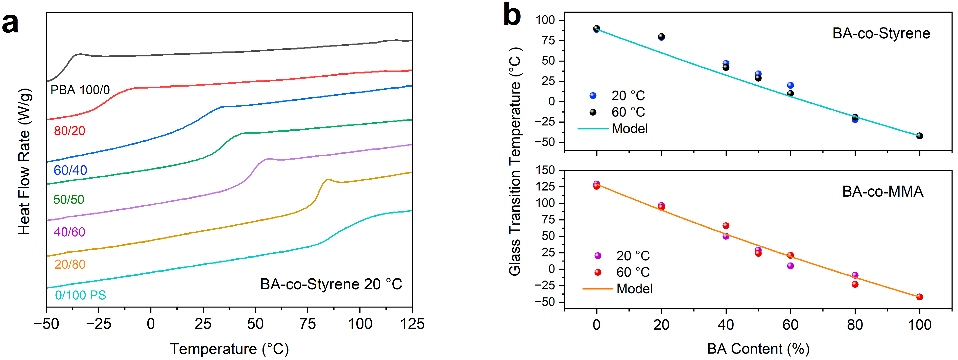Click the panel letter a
[10, 23]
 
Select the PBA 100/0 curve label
[80, 90]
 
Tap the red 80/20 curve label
[70, 131]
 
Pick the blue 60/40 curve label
[70, 170]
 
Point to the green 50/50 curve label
[69, 200]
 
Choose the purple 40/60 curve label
[70, 232]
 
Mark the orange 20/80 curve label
[70, 264]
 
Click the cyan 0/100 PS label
[80, 295]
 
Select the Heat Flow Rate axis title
[24, 162]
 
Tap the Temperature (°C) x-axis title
[229, 349]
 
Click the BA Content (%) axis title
[758, 349]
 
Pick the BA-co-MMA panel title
[883, 192]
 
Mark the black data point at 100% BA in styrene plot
[919, 136]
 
